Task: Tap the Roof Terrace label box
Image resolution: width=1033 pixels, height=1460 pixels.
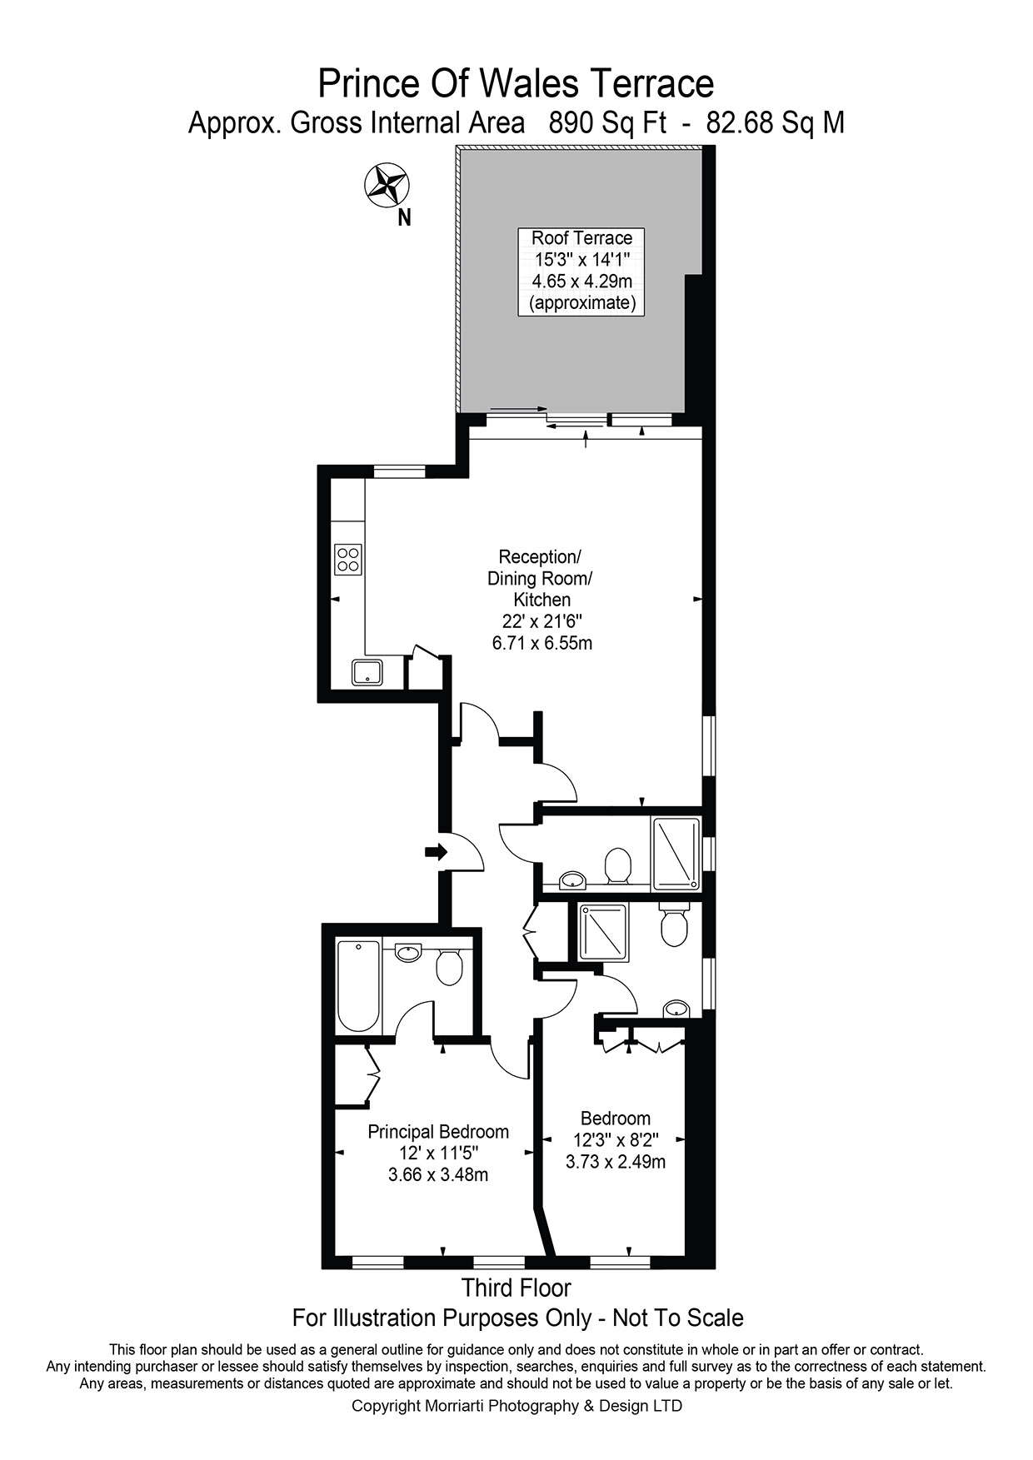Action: [582, 271]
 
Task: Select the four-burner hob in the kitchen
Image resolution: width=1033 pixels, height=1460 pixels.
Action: [347, 559]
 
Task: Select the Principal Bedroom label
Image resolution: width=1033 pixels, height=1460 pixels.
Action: [438, 1132]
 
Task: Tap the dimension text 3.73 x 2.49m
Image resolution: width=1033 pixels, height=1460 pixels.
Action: [615, 1162]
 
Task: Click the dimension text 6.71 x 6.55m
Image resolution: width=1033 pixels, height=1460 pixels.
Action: [542, 643]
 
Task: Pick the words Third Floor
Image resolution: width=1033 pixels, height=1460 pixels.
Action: [516, 1288]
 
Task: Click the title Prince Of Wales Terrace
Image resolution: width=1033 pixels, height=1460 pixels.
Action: [516, 85]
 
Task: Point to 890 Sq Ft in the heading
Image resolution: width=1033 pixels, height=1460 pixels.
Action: [607, 123]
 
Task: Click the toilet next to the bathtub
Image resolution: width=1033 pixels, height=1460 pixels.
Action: [450, 968]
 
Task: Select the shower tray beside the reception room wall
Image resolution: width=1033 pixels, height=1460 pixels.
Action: [676, 854]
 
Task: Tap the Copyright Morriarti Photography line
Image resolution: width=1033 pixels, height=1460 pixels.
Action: [516, 1406]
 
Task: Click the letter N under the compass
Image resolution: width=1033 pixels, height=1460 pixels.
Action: [405, 218]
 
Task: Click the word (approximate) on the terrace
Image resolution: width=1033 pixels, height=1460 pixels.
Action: [582, 303]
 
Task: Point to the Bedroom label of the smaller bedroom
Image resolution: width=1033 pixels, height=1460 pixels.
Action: [615, 1119]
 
